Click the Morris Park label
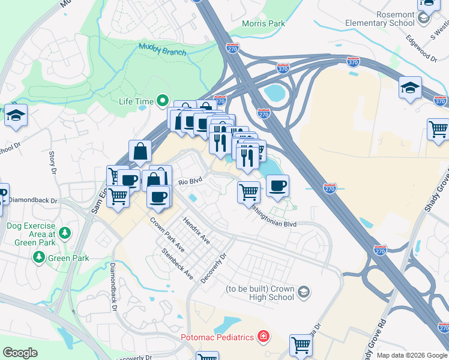[x=263, y=24]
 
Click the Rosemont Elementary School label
[x=379, y=19]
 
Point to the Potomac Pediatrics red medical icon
[x=263, y=337]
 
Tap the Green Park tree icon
[x=39, y=258]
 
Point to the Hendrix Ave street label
[x=196, y=231]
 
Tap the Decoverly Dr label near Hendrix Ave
[x=216, y=268]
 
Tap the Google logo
[x=20, y=353]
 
